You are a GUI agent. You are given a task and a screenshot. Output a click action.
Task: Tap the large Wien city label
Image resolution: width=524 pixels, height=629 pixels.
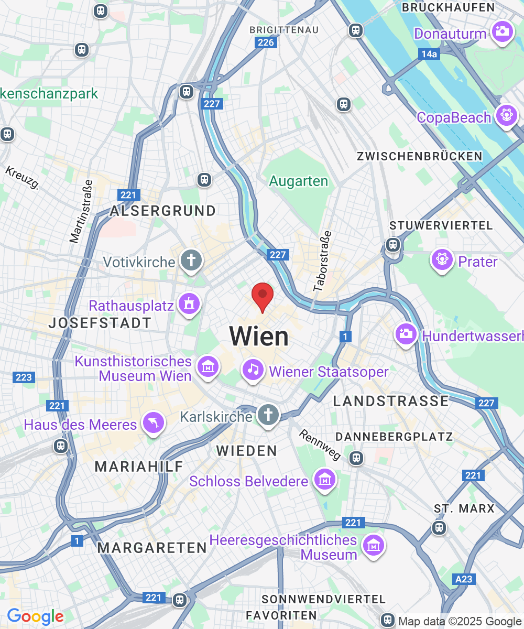coord(259,337)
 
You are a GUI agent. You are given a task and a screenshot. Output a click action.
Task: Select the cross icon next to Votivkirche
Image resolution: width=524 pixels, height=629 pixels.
coord(191,261)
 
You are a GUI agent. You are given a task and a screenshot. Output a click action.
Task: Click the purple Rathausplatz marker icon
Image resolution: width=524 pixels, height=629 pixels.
coord(189,305)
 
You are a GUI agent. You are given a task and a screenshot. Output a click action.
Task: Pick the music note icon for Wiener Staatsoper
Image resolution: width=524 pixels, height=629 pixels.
coord(253,370)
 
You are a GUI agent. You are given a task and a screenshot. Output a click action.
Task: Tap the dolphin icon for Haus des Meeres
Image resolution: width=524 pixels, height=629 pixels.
coord(154,423)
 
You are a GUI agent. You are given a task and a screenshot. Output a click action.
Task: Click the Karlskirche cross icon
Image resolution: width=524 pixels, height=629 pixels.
coord(268,415)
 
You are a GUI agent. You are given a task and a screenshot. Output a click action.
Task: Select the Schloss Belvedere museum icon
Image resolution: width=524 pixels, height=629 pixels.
coord(324,479)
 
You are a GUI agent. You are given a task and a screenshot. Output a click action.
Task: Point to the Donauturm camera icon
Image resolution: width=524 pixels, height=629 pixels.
coord(502,32)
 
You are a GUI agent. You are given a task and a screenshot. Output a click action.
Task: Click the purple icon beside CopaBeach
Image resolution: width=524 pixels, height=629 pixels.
coord(506,115)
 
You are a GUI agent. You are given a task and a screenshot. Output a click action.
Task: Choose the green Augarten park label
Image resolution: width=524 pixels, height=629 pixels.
coord(299,181)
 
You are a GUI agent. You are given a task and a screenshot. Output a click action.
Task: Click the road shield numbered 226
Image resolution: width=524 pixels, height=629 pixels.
coord(266,42)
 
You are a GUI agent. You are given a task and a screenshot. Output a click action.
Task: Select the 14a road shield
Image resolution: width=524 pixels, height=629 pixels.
coord(429,54)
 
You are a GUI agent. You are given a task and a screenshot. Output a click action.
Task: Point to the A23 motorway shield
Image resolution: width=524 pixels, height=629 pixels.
coord(464,579)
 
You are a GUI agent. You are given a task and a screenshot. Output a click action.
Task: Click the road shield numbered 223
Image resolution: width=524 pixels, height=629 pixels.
coord(24,377)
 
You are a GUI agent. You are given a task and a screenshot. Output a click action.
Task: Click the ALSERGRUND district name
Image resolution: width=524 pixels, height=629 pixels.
coord(162,211)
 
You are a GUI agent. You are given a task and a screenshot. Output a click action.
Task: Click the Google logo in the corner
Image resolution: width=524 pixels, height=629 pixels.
coord(35,617)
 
